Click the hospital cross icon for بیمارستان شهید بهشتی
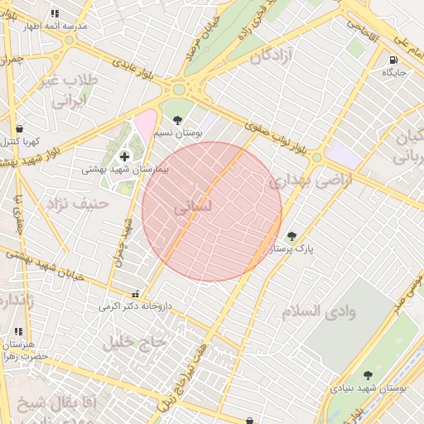pyautogui.click(x=124, y=156)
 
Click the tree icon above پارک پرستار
pyautogui.click(x=291, y=235)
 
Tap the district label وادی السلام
pyautogui.click(x=318, y=311)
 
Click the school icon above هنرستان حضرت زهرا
pyautogui.click(x=19, y=331)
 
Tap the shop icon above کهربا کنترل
pyautogui.click(x=19, y=129)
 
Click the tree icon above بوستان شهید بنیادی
pyautogui.click(x=368, y=375)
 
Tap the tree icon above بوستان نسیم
pyautogui.click(x=177, y=119)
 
